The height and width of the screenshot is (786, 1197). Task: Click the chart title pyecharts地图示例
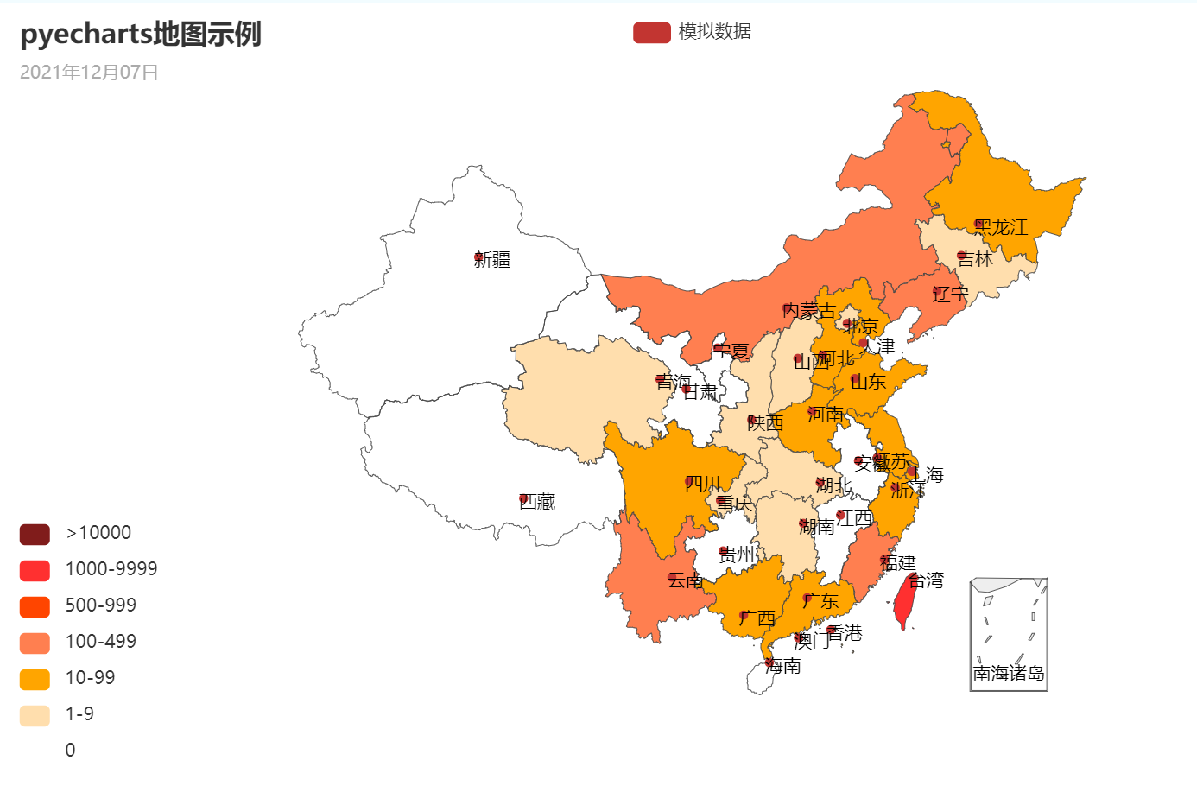(x=140, y=35)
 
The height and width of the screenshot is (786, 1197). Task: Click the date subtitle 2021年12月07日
(x=89, y=73)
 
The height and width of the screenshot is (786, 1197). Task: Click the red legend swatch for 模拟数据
(x=651, y=32)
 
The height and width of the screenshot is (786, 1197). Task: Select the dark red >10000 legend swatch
(x=35, y=534)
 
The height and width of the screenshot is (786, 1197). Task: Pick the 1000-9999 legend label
(x=111, y=569)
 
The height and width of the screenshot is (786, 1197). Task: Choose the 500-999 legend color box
(x=35, y=606)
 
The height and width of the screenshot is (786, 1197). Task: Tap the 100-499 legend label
(x=101, y=642)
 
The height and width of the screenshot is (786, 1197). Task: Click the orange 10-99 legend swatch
(x=35, y=679)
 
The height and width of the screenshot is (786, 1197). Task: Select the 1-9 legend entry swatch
(x=35, y=715)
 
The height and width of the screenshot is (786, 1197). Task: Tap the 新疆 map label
(x=493, y=260)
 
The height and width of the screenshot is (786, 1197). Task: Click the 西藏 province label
(x=538, y=502)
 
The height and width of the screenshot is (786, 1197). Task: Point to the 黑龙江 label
(x=1002, y=227)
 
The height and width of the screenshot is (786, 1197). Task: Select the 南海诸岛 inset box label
(x=1009, y=674)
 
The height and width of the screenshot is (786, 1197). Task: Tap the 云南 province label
(x=687, y=580)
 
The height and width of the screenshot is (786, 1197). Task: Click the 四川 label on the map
(x=704, y=484)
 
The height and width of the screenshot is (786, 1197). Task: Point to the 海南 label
(x=784, y=666)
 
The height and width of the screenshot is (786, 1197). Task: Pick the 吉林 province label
(x=977, y=258)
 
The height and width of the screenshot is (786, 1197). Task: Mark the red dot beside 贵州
(x=724, y=551)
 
